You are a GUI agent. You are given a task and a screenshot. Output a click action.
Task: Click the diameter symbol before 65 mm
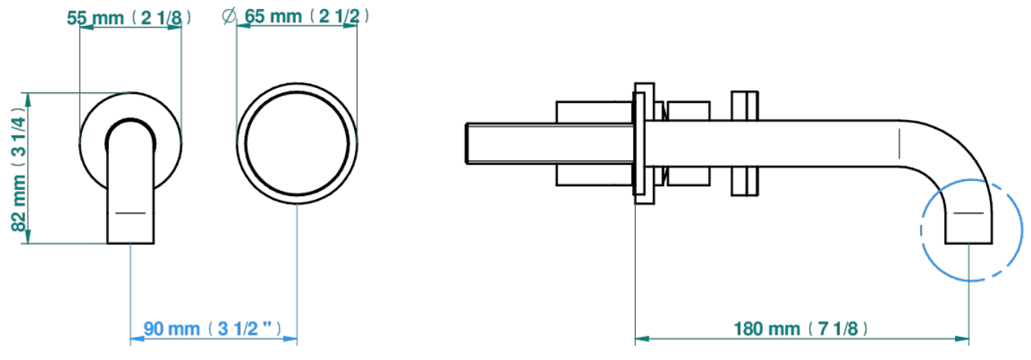pyautogui.click(x=229, y=16)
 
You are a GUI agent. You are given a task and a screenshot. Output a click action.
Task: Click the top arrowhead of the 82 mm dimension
pyautogui.click(x=28, y=100)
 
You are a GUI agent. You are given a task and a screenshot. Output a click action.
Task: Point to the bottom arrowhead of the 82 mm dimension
pyautogui.click(x=28, y=236)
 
